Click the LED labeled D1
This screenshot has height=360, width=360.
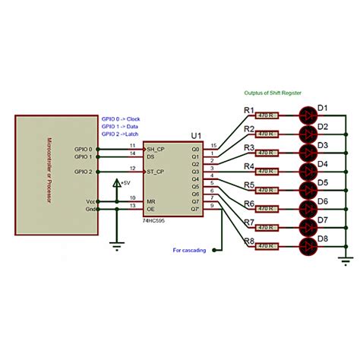click(x=307, y=115)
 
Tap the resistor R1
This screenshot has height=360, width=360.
click(x=267, y=115)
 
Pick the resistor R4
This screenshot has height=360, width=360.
click(x=267, y=172)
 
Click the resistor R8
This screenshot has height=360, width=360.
click(x=267, y=246)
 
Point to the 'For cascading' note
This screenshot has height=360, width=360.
click(x=189, y=249)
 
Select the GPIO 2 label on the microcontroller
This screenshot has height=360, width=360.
click(x=81, y=172)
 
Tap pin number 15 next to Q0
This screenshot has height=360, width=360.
click(x=214, y=145)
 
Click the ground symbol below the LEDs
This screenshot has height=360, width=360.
click(x=347, y=262)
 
